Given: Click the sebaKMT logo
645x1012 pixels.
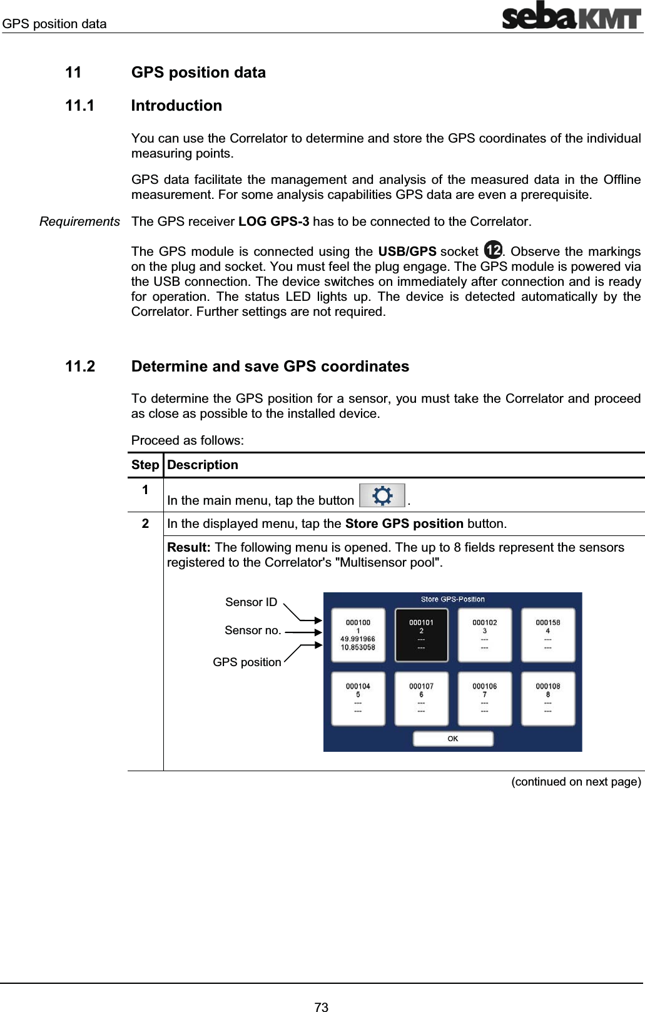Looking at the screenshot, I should (x=571, y=16).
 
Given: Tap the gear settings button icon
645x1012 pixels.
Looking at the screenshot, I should (x=382, y=496).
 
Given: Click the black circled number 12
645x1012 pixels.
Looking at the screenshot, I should (x=493, y=250).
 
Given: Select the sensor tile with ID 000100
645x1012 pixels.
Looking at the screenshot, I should (x=358, y=635).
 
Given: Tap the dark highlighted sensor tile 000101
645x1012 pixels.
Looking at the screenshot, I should (x=421, y=635).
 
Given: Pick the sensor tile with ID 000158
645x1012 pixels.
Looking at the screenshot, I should (x=547, y=635).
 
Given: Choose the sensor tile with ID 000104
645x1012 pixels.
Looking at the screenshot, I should (x=358, y=699).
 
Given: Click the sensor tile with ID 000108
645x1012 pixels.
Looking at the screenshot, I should (x=547, y=699).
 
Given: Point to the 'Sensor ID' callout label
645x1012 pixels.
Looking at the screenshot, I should (x=251, y=602).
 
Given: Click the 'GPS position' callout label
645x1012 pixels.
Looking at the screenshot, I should (x=246, y=662).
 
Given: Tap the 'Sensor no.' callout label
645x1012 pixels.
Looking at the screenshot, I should (x=252, y=630).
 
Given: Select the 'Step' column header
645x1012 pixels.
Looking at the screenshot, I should (x=145, y=465).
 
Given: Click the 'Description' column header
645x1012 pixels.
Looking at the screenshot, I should (x=203, y=465).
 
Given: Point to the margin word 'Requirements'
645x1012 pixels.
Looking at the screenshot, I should (x=79, y=221).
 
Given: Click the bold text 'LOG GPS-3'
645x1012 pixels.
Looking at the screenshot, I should (x=273, y=221).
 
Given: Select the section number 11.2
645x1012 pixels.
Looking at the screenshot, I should (x=80, y=367).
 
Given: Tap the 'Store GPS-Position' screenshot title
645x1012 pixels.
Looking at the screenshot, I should (x=452, y=599).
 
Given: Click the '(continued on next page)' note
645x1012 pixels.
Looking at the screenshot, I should (x=576, y=782).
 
